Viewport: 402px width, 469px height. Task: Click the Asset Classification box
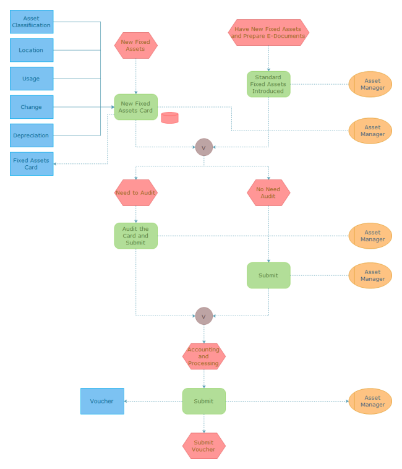point(32,22)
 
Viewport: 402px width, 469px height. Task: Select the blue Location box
point(32,50)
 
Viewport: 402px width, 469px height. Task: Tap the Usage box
point(32,79)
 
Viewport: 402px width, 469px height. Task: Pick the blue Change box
point(32,107)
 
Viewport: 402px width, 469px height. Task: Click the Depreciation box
point(32,136)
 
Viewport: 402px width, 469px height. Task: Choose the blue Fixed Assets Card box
point(32,163)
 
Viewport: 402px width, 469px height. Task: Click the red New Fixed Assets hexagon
point(136,45)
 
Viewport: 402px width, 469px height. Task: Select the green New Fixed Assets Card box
point(136,107)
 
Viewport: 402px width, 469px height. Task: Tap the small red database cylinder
point(169,118)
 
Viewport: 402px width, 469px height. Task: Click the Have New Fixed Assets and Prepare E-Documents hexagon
point(268,32)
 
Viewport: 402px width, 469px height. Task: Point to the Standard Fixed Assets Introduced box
point(268,84)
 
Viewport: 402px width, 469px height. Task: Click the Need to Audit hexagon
point(136,192)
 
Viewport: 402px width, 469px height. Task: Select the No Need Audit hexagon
point(268,192)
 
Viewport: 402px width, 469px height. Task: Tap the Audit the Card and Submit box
point(136,236)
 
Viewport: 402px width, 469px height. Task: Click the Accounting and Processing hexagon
point(203,356)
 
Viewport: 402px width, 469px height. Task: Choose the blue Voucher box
point(102,401)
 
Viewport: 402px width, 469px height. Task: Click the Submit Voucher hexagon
point(203,445)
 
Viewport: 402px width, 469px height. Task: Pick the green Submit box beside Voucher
point(203,401)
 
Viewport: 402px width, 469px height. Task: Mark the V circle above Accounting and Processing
point(203,316)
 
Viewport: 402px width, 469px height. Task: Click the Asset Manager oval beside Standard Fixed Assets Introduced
point(370,84)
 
